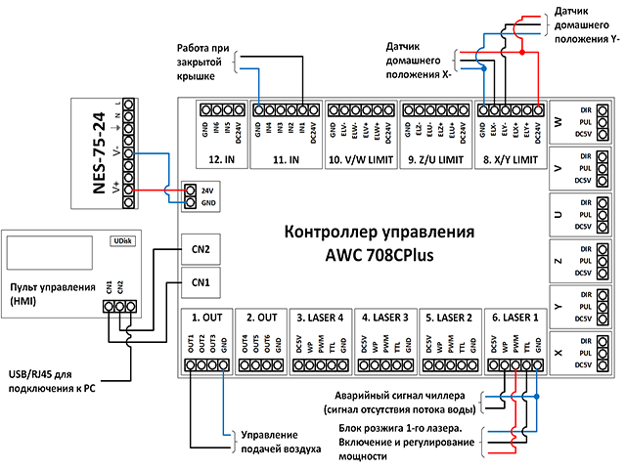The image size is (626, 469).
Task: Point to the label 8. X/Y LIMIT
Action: [510, 157]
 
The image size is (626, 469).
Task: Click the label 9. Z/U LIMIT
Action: [435, 157]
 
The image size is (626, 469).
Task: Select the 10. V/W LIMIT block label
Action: [360, 157]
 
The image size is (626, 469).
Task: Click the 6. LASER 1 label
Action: [514, 318]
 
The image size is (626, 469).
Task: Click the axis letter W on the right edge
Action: [559, 122]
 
